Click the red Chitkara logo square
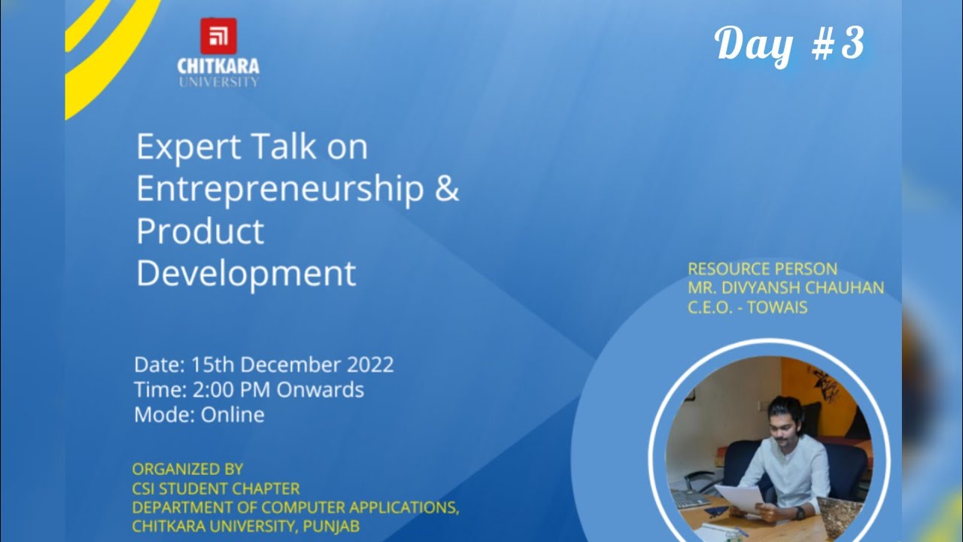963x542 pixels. click(218, 36)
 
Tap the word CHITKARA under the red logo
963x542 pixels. click(218, 66)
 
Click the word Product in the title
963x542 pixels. click(200, 231)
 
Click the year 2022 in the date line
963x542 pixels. click(369, 364)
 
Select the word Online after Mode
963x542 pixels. click(232, 415)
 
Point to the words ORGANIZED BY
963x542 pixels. click(187, 468)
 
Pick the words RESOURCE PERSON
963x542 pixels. click(762, 269)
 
